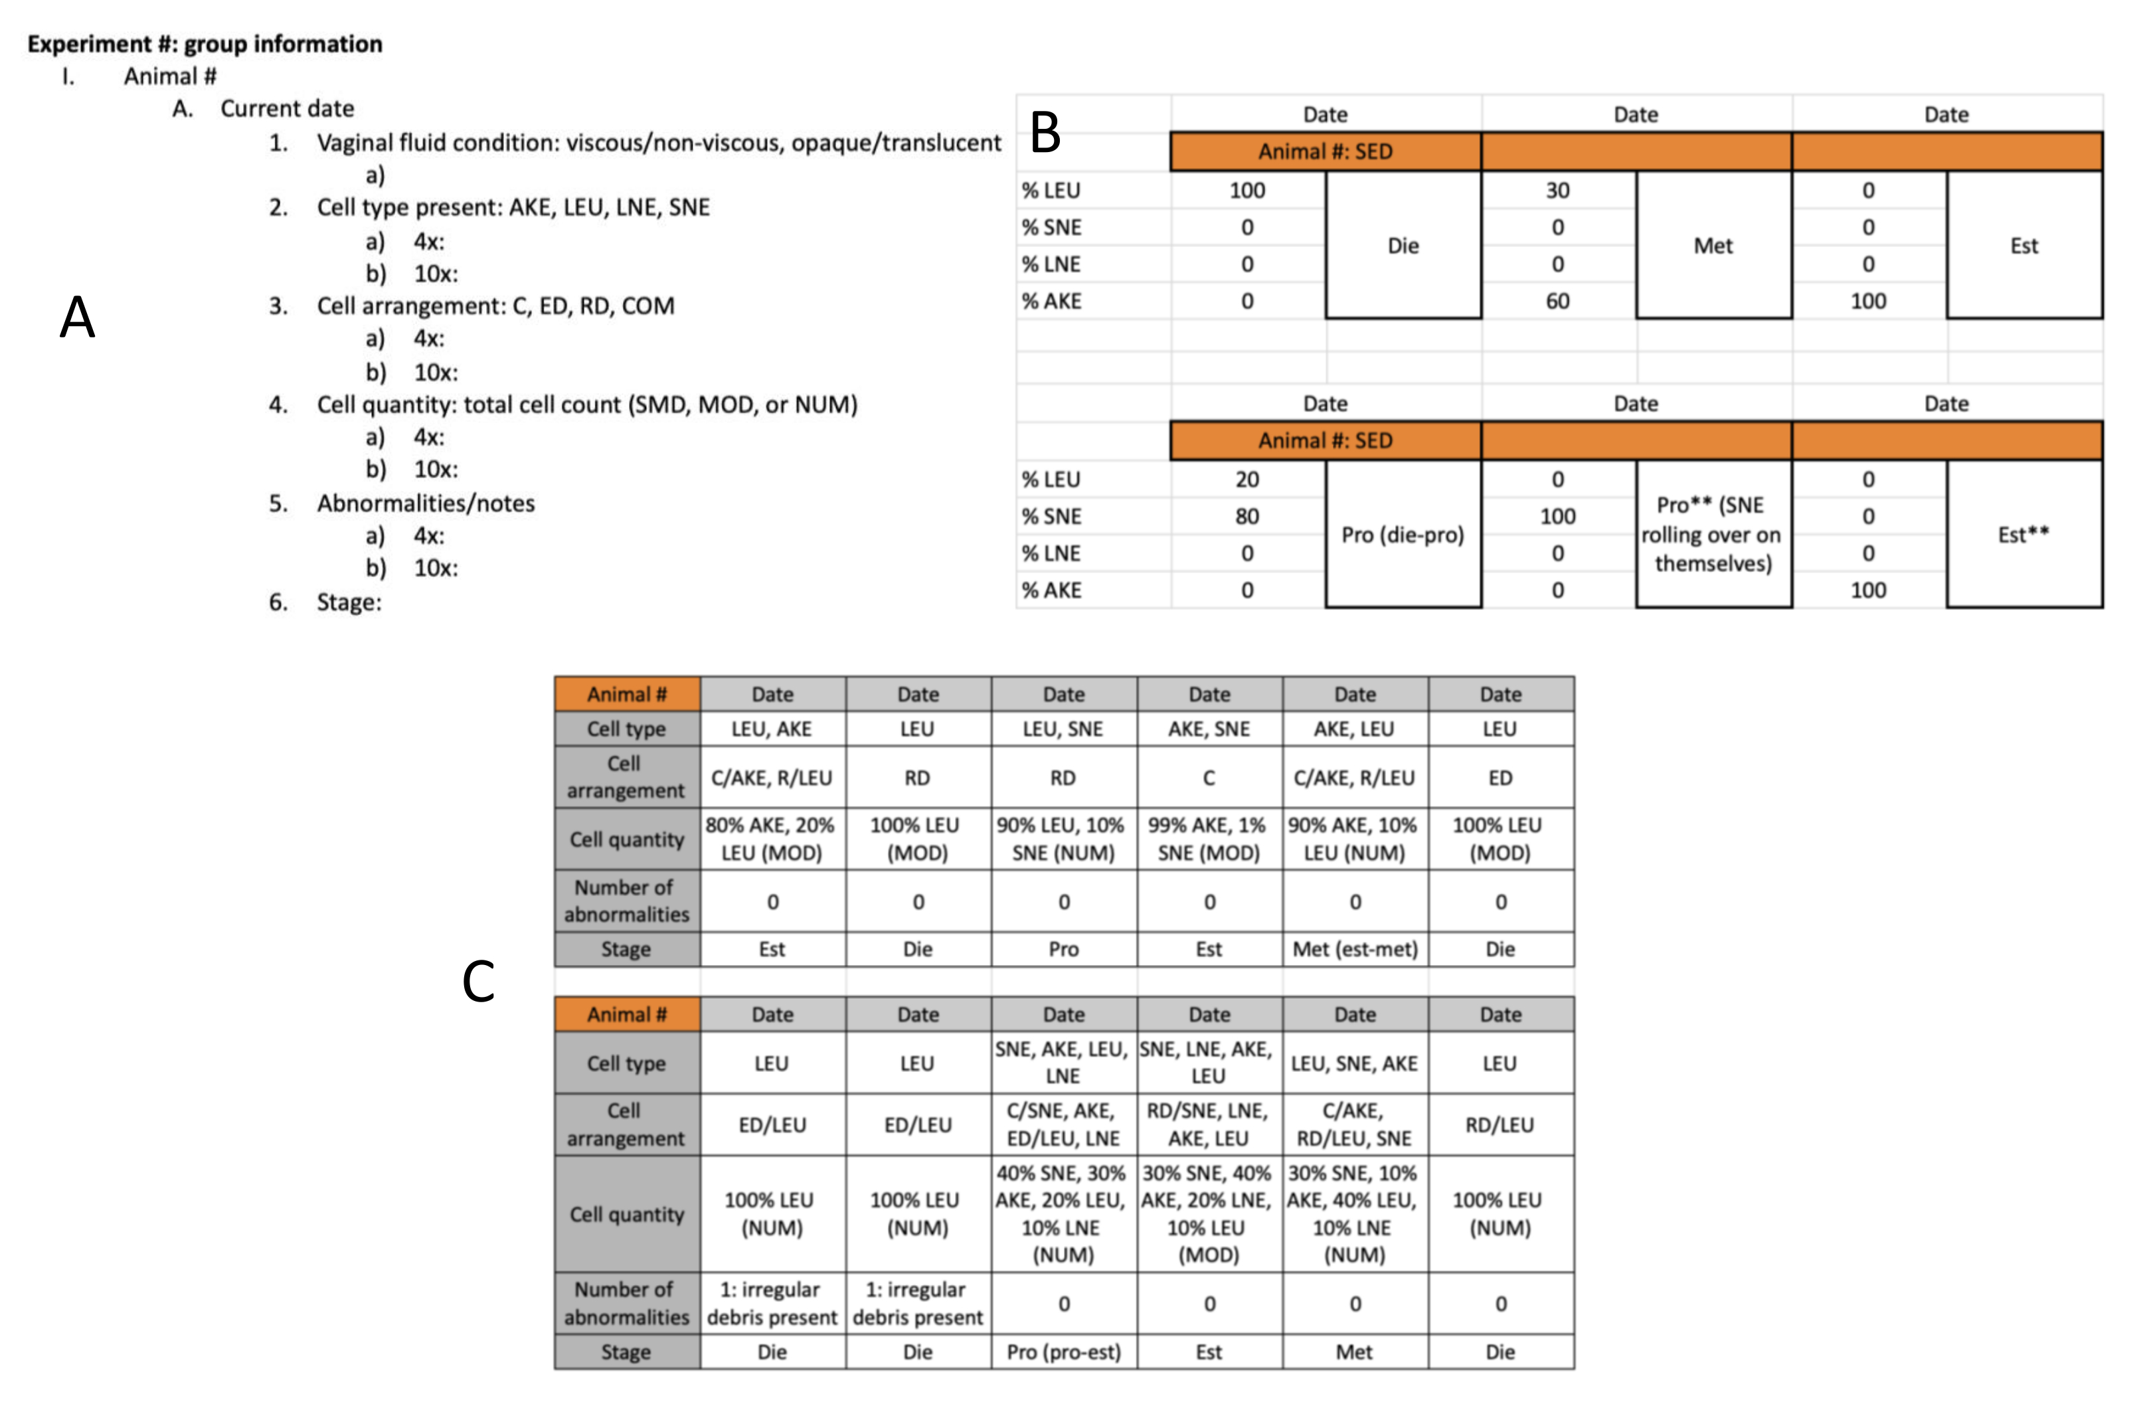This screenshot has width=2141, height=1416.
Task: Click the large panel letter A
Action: point(78,318)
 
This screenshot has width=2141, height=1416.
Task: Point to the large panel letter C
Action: point(479,982)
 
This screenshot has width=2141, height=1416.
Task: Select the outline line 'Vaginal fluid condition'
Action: point(657,143)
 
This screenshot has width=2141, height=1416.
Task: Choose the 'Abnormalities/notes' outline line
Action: point(424,503)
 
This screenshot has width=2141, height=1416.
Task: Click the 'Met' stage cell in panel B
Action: point(1712,246)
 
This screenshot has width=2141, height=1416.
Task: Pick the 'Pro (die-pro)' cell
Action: point(1403,535)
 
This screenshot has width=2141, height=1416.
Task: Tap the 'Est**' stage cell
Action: point(2023,535)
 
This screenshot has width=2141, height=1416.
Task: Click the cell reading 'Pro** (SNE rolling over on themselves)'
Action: point(1712,535)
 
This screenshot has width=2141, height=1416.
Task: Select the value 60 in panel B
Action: point(1558,301)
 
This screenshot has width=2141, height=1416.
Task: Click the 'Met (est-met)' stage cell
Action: point(1355,949)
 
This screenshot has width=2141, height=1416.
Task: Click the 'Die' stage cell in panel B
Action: point(1403,246)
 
